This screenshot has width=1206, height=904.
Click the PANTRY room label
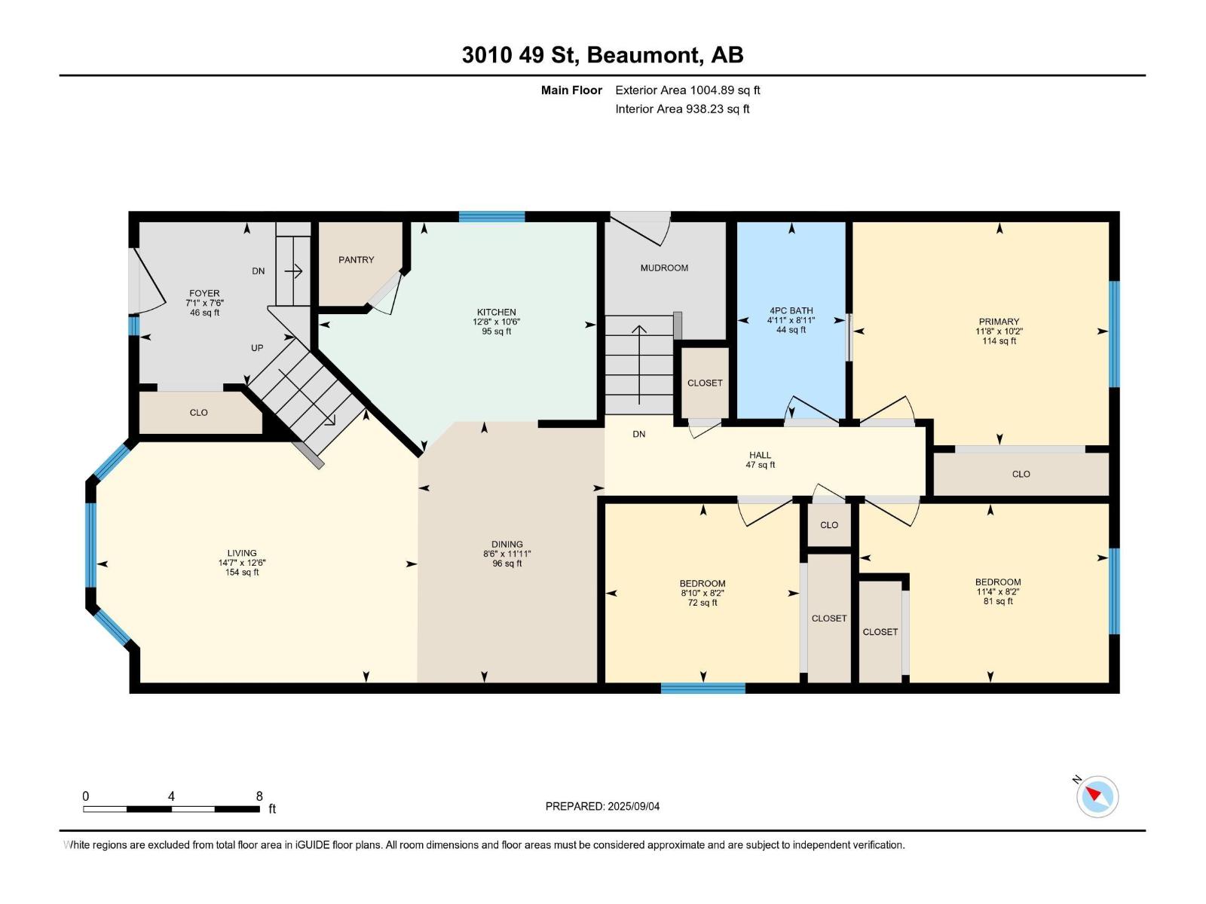tap(356, 260)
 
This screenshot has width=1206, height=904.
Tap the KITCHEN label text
tap(496, 313)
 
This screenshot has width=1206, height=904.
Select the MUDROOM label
tap(664, 268)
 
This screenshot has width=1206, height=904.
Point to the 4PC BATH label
tap(791, 310)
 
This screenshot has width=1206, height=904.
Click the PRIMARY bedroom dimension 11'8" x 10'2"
tap(999, 331)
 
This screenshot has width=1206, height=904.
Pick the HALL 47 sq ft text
tap(761, 465)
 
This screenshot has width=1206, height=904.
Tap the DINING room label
tap(507, 545)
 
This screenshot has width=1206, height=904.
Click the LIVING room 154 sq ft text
tap(242, 573)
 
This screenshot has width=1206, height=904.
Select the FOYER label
tap(204, 294)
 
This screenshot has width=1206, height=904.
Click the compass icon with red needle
tap(1097, 797)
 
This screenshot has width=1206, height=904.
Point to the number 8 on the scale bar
tap(259, 796)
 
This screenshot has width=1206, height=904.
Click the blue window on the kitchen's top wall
tap(491, 216)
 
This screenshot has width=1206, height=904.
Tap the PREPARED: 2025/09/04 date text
tap(602, 806)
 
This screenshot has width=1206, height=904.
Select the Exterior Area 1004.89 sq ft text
tap(687, 90)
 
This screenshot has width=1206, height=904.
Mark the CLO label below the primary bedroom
tap(1021, 475)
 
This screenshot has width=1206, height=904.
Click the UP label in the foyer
tap(257, 348)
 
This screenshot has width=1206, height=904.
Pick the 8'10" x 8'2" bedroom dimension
tap(702, 594)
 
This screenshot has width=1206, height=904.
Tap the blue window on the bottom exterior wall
tap(702, 689)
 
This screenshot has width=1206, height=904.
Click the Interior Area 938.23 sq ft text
tap(682, 108)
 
